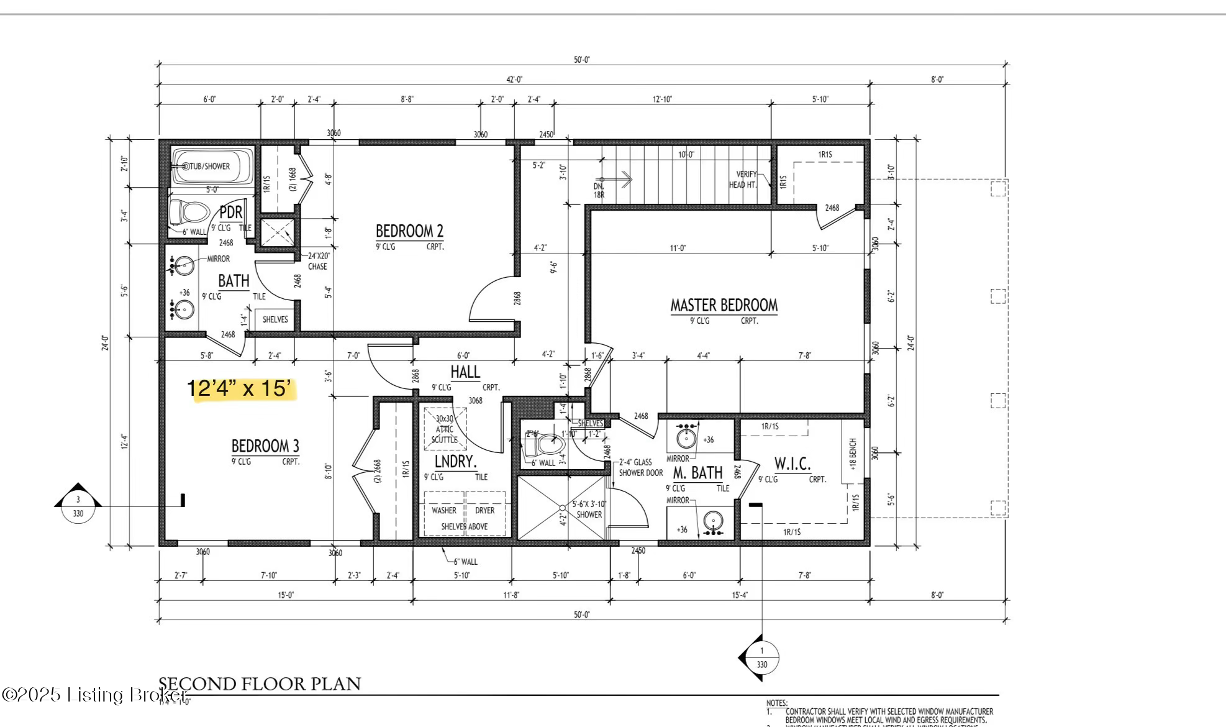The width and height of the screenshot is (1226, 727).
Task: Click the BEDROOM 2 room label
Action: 409,231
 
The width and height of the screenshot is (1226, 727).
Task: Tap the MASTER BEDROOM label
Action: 724,305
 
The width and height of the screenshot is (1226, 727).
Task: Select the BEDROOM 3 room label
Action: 265,446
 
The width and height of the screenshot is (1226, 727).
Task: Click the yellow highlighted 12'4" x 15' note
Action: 240,388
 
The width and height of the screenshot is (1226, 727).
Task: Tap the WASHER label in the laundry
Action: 443,510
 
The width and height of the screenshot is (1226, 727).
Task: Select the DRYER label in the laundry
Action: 485,510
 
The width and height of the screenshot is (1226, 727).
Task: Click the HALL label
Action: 465,372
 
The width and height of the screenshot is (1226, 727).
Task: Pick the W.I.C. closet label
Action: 792,464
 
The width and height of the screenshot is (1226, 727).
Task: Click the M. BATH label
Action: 697,473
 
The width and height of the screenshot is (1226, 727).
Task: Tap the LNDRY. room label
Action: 455,461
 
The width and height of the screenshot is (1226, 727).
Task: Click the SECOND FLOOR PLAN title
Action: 260,684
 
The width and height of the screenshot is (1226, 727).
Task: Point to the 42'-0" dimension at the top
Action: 514,79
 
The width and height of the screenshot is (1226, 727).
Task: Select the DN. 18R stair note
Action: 599,190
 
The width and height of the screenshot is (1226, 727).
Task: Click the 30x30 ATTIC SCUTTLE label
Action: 445,429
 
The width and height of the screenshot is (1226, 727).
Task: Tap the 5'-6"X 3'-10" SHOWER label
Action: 588,509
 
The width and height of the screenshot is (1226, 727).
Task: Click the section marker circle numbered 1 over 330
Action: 762,657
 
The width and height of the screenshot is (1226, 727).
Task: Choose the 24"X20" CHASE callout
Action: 318,261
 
